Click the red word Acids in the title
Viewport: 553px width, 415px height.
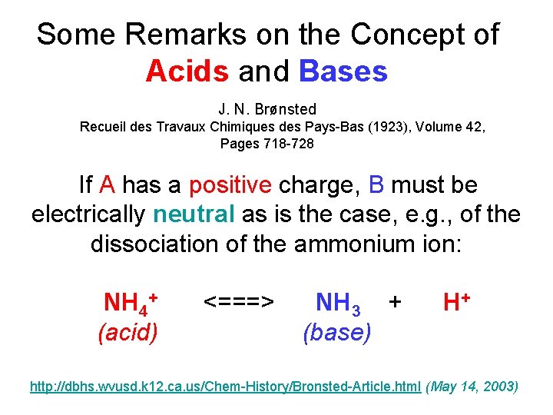[187, 71]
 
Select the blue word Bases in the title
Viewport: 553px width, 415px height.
[343, 71]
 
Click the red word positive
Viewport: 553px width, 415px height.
[230, 185]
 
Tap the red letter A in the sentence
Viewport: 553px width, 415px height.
[108, 185]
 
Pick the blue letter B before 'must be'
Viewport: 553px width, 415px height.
[376, 185]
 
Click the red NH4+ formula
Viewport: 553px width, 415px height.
[130, 302]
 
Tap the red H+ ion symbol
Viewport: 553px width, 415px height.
[456, 301]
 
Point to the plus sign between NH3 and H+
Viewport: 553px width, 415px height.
[395, 302]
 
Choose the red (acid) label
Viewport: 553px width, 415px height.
[128, 332]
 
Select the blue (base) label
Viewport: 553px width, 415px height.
[337, 332]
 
